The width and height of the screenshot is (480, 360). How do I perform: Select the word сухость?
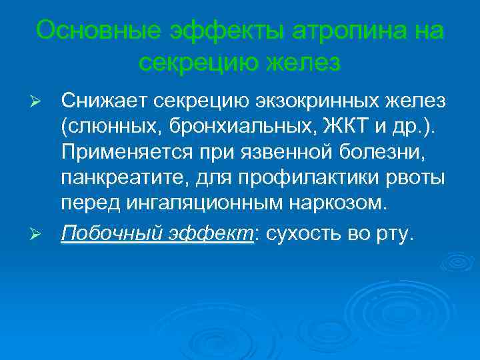pyautogui.click(x=304, y=234)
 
